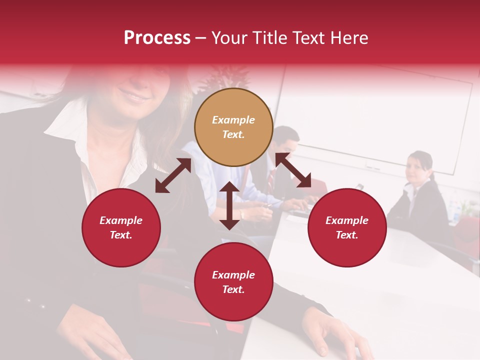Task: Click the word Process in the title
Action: pos(157,38)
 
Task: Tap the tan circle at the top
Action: pos(233,127)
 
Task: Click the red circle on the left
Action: pos(121,228)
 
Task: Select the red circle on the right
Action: pos(347,228)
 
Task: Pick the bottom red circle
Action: pos(233,282)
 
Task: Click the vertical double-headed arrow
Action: pos(229,205)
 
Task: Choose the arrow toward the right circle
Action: pos(293,170)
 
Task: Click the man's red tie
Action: pos(270,177)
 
